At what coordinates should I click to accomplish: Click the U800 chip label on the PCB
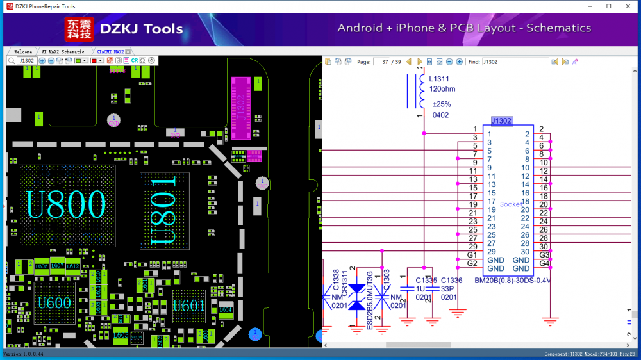coord(65,204)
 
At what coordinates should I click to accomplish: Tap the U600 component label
coord(54,303)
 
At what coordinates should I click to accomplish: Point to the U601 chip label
coord(189,306)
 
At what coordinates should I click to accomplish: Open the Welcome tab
coord(23,51)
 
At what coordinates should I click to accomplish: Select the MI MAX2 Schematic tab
coord(63,51)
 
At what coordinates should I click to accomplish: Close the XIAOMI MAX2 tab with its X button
coord(128,51)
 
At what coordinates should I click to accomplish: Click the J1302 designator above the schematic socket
coord(501,120)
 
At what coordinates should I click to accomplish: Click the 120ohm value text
coord(442,89)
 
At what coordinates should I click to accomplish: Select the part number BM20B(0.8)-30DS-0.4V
coord(513,281)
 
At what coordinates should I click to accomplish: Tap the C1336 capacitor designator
coord(451,280)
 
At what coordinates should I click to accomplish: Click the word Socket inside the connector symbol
coord(511,204)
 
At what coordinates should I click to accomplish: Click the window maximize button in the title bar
coord(609,6)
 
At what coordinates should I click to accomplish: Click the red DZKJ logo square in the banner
coord(79,29)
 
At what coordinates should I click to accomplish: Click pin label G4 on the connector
coord(544,263)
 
